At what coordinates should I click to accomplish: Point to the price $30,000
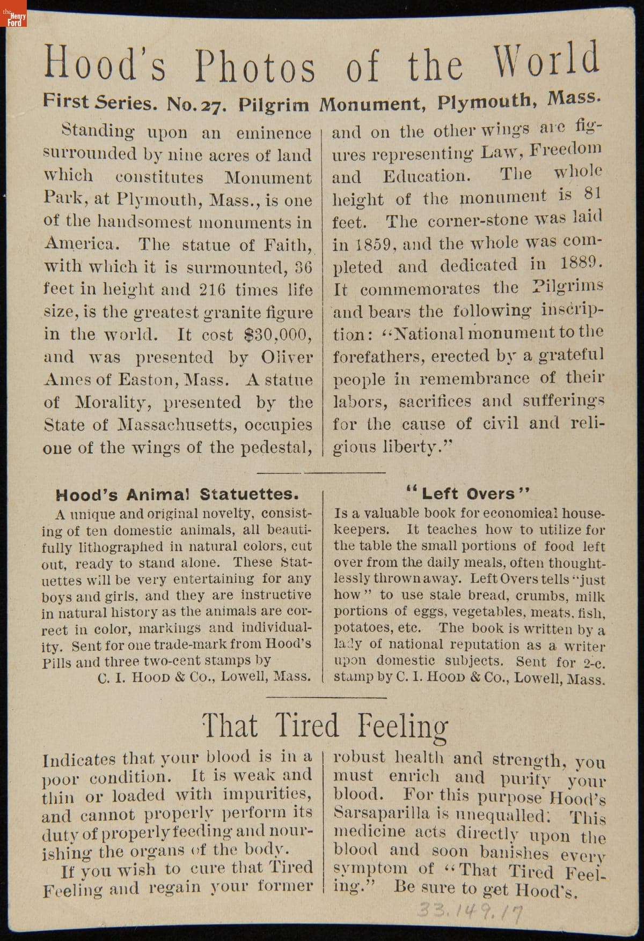click(277, 335)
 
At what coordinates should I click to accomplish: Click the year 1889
click(581, 263)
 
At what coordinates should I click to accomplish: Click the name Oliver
click(287, 357)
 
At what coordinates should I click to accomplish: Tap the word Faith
click(288, 245)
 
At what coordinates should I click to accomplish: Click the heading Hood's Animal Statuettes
click(177, 494)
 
